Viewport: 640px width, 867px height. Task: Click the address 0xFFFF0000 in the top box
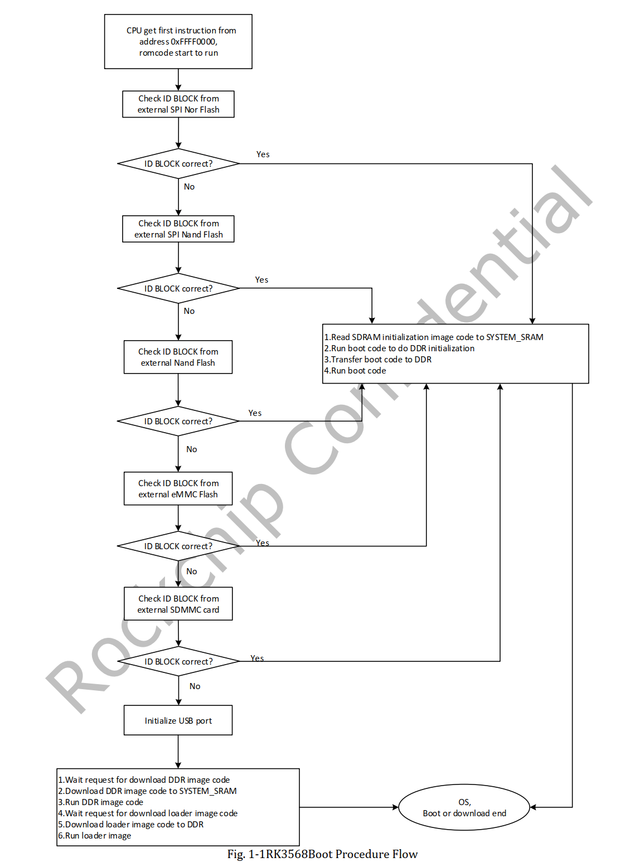[x=178, y=42]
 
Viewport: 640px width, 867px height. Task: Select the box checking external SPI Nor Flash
[x=178, y=104]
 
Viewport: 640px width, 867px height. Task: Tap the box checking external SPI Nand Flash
[x=178, y=229]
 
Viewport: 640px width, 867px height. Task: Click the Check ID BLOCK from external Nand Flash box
[x=178, y=357]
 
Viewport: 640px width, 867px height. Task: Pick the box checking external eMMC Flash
[x=178, y=489]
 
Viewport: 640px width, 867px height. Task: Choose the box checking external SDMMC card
[x=178, y=604]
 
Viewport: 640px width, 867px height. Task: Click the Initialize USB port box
[x=178, y=721]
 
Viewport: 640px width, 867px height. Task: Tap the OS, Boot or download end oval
[x=464, y=807]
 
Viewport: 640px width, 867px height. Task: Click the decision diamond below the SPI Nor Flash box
[x=178, y=164]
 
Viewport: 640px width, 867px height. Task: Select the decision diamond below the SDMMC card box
[x=178, y=662]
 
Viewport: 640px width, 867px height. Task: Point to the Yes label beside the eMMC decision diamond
[x=263, y=543]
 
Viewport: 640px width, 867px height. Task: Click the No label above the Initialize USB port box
[x=195, y=686]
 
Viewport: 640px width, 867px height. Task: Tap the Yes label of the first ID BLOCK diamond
[x=263, y=154]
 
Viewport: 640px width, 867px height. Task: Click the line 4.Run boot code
[x=355, y=371]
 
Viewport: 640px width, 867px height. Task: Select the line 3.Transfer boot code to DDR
[x=378, y=360]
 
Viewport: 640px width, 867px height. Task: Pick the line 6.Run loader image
[x=95, y=836]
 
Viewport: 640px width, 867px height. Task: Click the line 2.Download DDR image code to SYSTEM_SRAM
[x=147, y=791]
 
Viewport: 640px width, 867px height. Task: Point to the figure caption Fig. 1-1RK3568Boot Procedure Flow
[x=322, y=854]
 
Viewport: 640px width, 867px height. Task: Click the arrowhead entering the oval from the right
[x=533, y=807]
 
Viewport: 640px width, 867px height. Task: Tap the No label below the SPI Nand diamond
[x=190, y=311]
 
